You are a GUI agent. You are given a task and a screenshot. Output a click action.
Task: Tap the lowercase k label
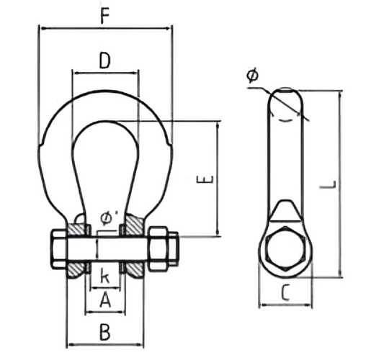(104, 276)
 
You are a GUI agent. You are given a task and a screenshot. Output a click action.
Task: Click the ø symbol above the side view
(251, 75)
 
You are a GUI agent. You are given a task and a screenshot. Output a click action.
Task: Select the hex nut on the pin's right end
(161, 248)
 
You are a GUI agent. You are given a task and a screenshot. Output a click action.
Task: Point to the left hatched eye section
(77, 249)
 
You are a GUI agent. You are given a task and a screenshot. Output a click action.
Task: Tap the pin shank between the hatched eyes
(105, 249)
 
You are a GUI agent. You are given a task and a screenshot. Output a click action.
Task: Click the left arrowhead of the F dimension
(43, 29)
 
